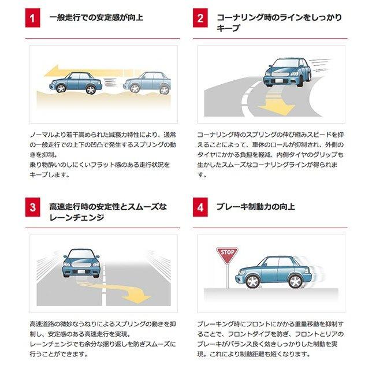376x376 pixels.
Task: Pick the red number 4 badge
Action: coord(200,207)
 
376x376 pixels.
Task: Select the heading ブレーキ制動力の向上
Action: coord(255,207)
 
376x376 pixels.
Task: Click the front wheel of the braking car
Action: coord(252,281)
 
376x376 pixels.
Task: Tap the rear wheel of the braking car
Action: coord(295,281)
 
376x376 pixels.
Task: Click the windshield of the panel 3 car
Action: coord(81,256)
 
